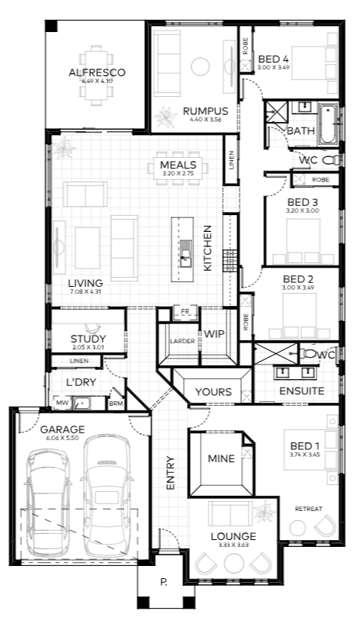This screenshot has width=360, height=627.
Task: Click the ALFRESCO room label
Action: [97, 72]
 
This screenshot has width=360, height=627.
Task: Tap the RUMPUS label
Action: [205, 111]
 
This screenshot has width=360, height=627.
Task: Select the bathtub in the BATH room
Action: [328, 124]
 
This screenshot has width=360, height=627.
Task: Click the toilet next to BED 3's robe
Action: [331, 161]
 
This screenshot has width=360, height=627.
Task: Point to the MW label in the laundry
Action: [62, 403]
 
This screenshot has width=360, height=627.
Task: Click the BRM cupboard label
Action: [116, 404]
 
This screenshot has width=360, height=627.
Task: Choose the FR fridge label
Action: [185, 312]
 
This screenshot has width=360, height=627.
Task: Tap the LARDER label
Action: [182, 341]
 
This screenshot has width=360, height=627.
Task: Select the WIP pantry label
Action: [214, 334]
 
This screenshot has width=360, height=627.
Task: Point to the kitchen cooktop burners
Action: [230, 260]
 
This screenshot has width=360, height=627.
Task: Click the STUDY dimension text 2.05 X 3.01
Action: [88, 347]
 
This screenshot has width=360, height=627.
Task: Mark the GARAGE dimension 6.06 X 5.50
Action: [63, 438]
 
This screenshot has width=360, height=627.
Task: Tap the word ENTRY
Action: [171, 473]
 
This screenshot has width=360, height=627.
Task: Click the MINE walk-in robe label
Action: [220, 458]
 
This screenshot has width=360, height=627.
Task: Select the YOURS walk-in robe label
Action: [214, 392]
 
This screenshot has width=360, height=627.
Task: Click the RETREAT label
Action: [308, 509]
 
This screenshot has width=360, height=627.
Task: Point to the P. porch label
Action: [164, 582]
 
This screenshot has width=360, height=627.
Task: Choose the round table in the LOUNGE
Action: [234, 564]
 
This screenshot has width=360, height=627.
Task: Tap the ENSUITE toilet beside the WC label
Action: [308, 354]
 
